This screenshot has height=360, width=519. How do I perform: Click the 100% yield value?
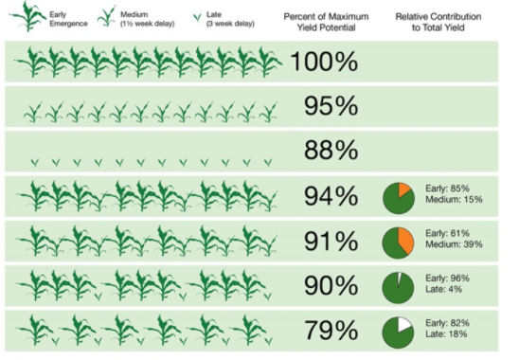(324, 63)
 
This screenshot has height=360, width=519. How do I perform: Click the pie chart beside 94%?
(399, 197)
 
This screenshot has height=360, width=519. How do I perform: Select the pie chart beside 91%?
(399, 243)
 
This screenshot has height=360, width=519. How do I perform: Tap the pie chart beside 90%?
(399, 287)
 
